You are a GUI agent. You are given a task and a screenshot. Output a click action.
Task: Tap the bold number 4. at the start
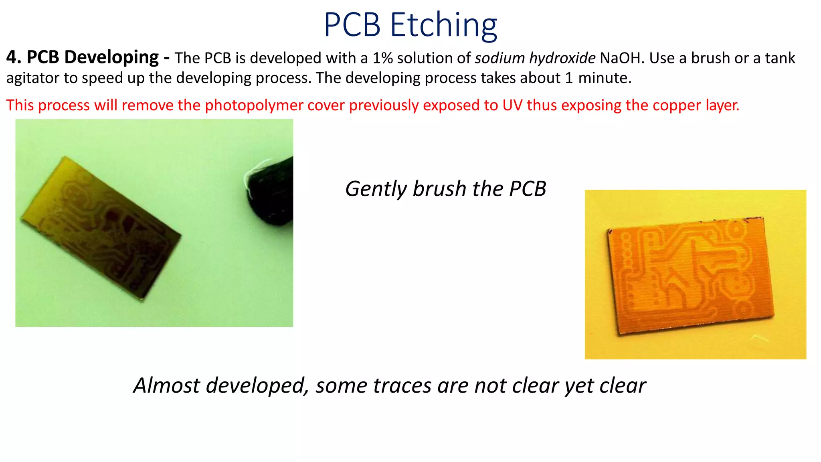tap(14, 57)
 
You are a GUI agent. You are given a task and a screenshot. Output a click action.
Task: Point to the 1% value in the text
tap(382, 58)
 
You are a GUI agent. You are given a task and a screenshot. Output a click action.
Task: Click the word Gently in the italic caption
tap(376, 189)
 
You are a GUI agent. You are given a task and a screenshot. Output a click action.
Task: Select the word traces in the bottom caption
tap(402, 386)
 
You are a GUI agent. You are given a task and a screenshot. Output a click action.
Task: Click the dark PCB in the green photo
tap(100, 229)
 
